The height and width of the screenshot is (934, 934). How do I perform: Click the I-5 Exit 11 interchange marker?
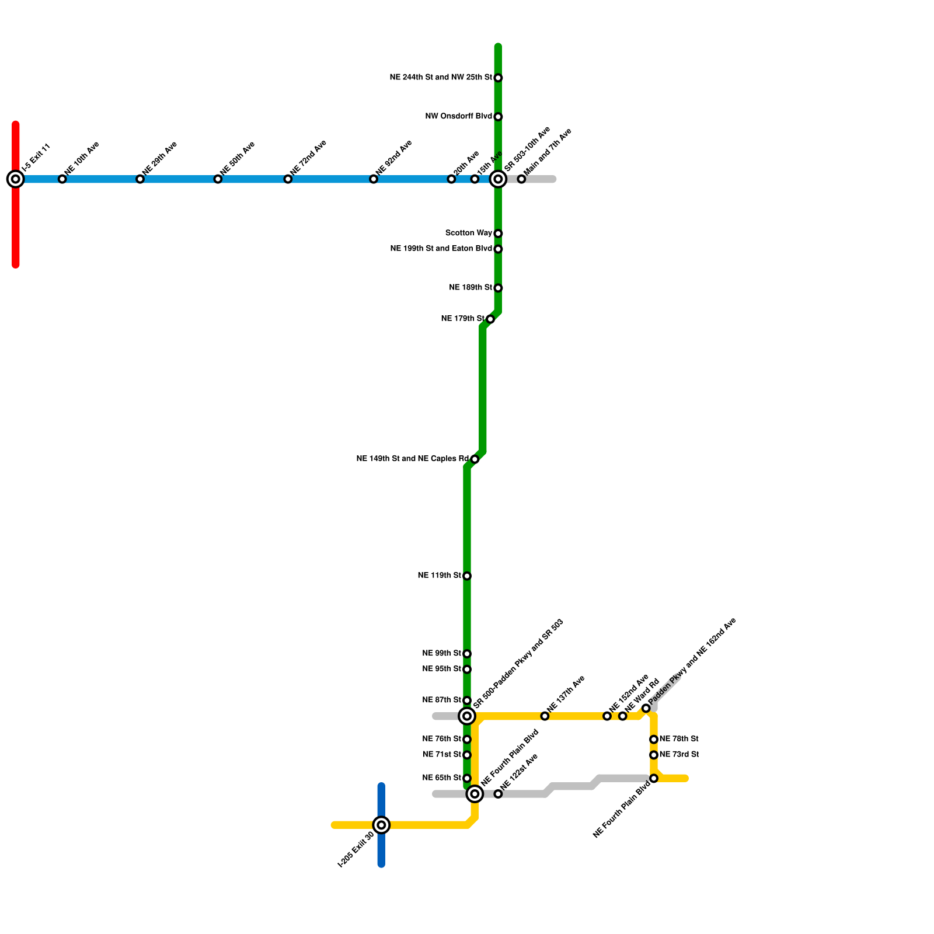pos(16,179)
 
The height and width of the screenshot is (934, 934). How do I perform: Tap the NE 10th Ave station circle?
pos(62,179)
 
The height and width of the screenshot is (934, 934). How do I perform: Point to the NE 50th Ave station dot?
pos(218,179)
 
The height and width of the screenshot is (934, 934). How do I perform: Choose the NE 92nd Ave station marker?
pos(374,179)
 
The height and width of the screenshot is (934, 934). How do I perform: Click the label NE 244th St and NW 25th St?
pos(441,77)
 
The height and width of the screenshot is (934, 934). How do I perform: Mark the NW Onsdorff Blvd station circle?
pos(498,117)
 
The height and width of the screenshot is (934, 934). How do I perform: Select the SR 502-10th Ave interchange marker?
pos(498,179)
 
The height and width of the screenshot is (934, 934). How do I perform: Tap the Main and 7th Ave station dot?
pos(521,179)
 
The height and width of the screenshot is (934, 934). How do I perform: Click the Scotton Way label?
pos(468,233)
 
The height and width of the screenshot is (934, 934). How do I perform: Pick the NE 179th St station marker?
pos(490,319)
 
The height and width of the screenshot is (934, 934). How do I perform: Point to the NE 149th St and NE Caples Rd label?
pos(412,459)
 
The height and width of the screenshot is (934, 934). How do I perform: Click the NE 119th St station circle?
pos(467,576)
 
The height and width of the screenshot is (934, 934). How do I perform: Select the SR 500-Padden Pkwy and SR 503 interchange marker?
pos(467,716)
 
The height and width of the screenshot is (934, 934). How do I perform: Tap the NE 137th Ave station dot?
pos(545,716)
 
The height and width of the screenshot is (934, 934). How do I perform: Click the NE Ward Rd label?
pos(642,695)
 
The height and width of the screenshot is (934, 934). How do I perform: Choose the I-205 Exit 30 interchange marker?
pos(381,825)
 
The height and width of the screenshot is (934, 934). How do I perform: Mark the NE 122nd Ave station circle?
pos(498,794)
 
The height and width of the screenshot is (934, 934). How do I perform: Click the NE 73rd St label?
pos(679,754)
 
